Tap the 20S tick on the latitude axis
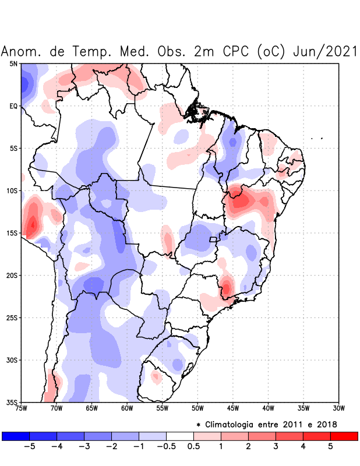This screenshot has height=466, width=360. pos(12,276)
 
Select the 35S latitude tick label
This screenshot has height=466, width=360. pos(12,402)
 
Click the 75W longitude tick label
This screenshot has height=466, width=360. pos(22,408)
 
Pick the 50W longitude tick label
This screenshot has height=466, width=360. pos(197,408)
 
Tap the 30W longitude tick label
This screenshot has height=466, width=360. pos(338,408)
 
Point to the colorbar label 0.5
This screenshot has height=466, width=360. pos(193,447)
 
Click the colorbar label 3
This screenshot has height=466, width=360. pos(276,447)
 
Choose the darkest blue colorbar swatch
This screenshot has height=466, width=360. pos(16,436)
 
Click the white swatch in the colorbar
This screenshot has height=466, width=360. pos(180,436)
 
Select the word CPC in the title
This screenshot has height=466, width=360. pos(237,51)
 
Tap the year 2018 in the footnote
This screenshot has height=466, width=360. pos(327,424)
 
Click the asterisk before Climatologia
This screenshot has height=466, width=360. pos(199,424)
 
